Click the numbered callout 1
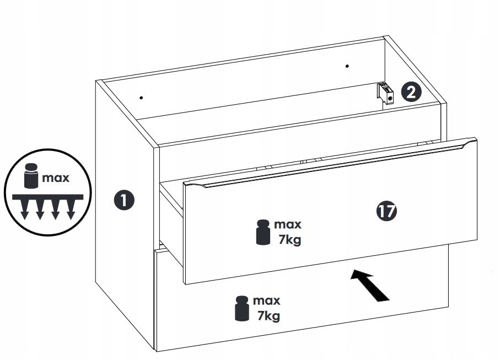[x=124, y=200]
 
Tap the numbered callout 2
[x=411, y=92]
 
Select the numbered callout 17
[x=386, y=211]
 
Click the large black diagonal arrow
[x=370, y=285]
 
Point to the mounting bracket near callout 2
[x=385, y=93]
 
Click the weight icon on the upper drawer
[x=263, y=233]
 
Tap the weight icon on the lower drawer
[x=241, y=308]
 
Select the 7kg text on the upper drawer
[x=289, y=240]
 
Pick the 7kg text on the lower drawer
[x=268, y=316]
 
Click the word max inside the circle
[x=56, y=178]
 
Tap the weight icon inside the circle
[x=31, y=176]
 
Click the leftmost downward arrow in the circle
[x=25, y=210]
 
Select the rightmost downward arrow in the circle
[x=71, y=210]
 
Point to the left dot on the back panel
[x=141, y=98]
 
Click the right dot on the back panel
[x=347, y=66]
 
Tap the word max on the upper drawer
[x=288, y=224]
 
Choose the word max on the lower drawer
[x=267, y=300]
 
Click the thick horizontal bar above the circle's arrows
[x=47, y=197]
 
